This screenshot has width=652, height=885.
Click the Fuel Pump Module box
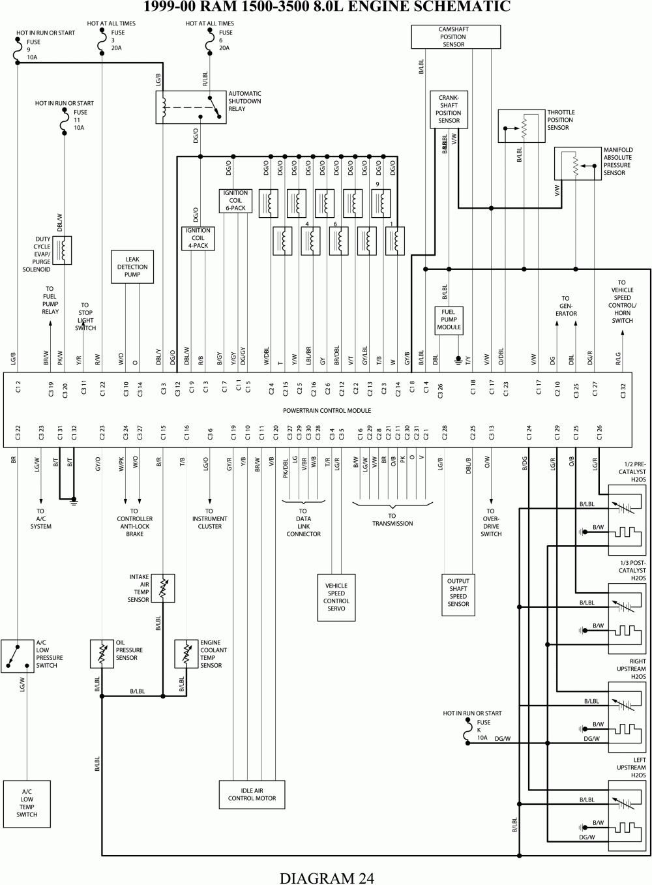449,320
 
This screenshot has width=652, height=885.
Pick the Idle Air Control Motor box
252,794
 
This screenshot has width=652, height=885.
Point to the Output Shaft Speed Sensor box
458,592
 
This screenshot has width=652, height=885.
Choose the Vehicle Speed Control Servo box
336,597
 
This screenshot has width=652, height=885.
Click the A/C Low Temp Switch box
27,803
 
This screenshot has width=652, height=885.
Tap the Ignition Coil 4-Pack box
198,238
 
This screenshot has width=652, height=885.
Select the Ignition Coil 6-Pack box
235,201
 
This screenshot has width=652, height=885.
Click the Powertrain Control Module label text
327,411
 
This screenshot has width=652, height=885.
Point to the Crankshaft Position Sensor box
449,109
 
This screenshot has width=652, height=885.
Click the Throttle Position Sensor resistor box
522,126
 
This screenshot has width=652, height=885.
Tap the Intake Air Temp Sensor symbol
163,588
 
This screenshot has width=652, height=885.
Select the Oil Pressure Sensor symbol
102,653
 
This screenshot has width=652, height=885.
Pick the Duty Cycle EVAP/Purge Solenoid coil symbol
63,250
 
